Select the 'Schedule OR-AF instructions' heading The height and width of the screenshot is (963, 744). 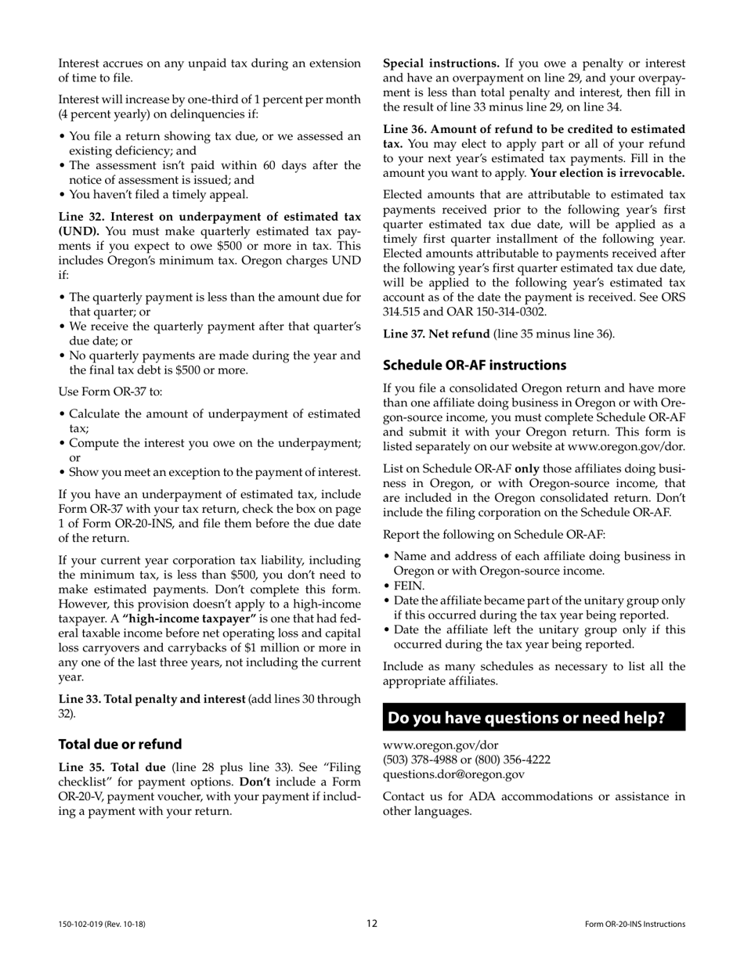point(474,365)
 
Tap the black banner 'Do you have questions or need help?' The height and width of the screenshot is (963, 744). point(533,717)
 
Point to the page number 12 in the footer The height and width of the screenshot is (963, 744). point(372,923)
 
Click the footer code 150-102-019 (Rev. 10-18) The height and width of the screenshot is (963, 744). point(102,924)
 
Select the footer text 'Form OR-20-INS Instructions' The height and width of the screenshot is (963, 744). point(634,924)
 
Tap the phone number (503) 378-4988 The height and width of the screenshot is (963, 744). point(421,759)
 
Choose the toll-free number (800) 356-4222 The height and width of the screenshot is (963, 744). point(511,759)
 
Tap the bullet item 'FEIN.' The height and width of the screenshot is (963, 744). point(409,585)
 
